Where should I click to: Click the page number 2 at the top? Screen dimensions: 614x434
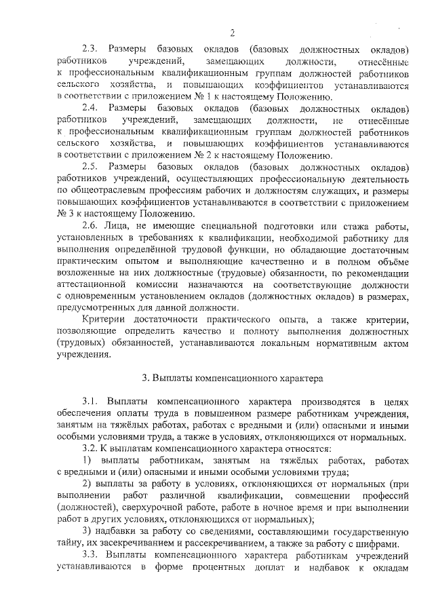tap(232, 33)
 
